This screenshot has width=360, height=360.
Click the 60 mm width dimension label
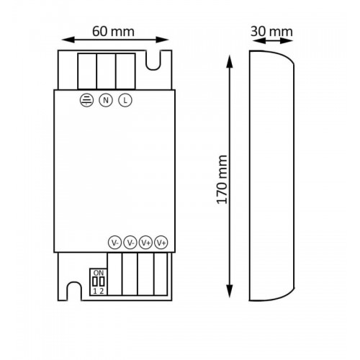click(x=113, y=32)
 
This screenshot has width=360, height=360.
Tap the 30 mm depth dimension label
click(x=271, y=32)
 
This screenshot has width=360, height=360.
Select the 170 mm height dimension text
click(x=222, y=180)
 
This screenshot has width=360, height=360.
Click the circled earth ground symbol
click(x=86, y=100)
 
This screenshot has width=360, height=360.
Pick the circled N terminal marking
click(x=106, y=100)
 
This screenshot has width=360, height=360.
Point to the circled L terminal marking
click(x=125, y=100)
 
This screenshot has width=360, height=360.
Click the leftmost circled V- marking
click(x=115, y=243)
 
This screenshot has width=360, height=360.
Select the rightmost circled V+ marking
click(x=161, y=243)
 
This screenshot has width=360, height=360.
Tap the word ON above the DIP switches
click(x=99, y=273)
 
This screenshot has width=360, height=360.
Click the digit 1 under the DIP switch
click(x=95, y=291)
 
